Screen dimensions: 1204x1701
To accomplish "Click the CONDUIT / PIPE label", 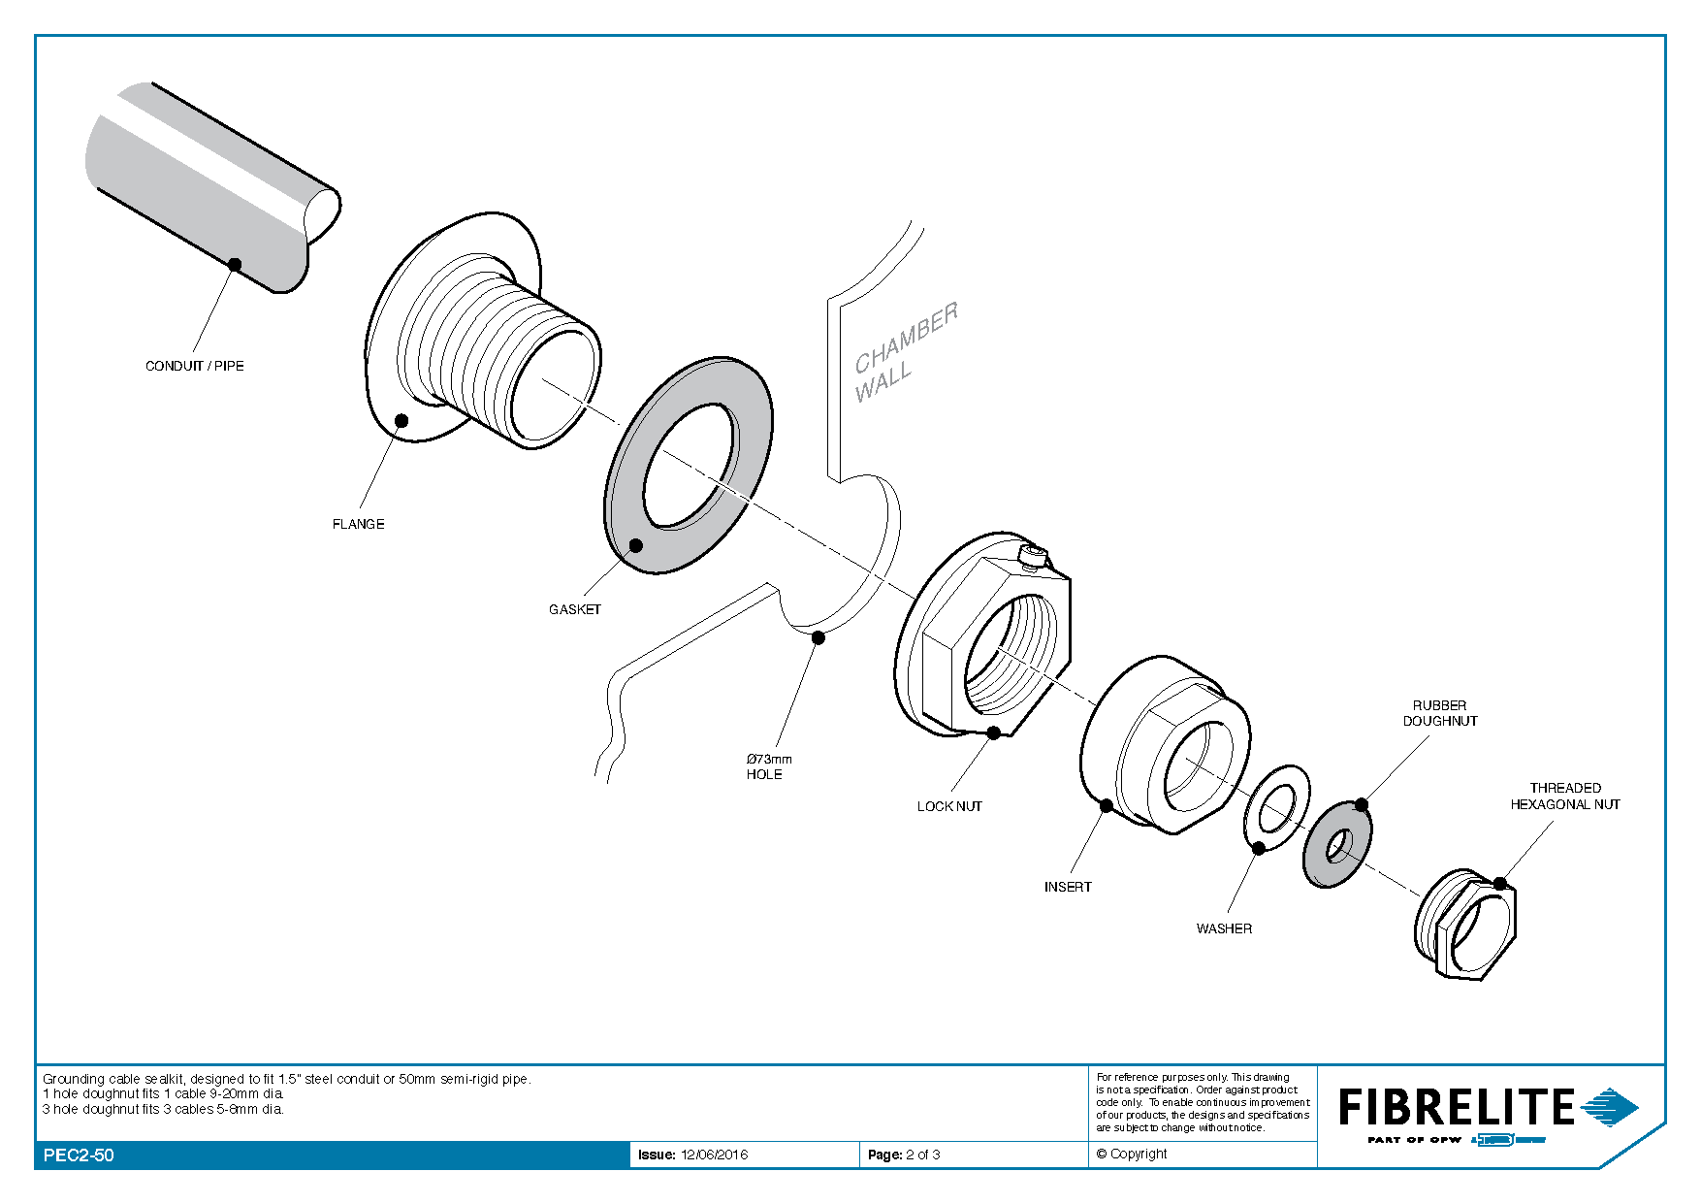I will pos(194,366).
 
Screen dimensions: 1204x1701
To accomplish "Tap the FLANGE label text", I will pos(358,524).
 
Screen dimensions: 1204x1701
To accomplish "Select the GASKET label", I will pos(574,609).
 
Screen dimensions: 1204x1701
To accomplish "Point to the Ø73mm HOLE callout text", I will pos(768,766).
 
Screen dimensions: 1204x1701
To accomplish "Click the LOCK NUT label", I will pos(949,806).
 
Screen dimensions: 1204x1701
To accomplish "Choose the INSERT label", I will pos(1067,887).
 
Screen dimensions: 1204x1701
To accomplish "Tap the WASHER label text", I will pos(1224,928).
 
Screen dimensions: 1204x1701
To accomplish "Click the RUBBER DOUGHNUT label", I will pos(1440,713).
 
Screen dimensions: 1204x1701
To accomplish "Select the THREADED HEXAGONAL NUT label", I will pos(1564,796).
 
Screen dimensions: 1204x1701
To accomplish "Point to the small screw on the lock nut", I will pos(1034,556).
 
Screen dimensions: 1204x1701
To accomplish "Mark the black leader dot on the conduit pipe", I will pos(235,264).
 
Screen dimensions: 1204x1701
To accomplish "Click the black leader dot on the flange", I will pos(401,420).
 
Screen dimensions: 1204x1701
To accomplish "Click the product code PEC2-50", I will pos(79,1155).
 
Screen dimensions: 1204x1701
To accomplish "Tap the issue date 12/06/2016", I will pos(714,1155).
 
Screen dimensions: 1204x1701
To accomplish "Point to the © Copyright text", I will pos(1132,1154).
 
